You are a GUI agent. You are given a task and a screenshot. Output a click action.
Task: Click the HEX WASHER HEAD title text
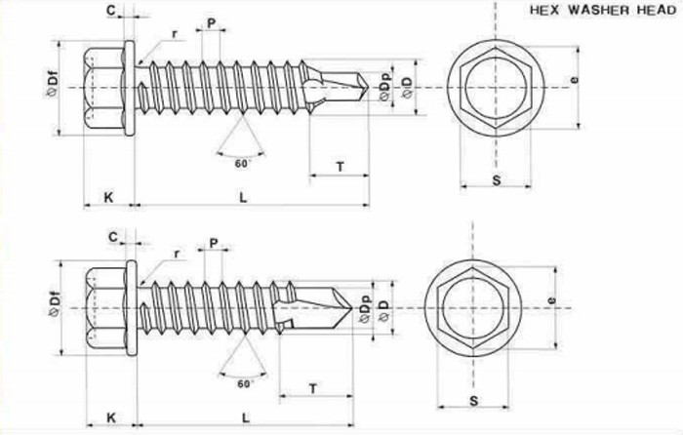(x=603, y=11)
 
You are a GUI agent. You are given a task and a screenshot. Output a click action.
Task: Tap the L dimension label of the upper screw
(x=243, y=197)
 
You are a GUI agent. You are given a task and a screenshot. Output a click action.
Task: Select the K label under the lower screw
(x=111, y=418)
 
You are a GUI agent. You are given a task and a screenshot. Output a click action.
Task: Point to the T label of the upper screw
(x=340, y=167)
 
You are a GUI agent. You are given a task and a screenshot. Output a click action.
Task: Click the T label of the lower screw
(x=313, y=388)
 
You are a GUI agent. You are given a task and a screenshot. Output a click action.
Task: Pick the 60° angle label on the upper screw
(x=243, y=164)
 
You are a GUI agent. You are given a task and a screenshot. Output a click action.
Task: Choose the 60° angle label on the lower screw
(x=246, y=383)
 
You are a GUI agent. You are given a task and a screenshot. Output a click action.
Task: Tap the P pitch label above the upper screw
(x=212, y=23)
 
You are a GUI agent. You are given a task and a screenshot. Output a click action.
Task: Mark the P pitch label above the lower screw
(x=214, y=243)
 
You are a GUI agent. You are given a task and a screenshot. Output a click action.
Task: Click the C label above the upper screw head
(x=111, y=10)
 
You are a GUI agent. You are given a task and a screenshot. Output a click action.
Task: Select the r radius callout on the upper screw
(x=175, y=34)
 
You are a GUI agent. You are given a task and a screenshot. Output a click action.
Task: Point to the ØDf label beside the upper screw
(x=51, y=86)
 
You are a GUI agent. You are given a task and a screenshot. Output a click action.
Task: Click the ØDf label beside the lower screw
(x=54, y=306)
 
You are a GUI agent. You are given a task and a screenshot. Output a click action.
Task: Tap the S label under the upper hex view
(x=496, y=179)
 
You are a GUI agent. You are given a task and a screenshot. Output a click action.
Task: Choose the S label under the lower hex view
(x=474, y=401)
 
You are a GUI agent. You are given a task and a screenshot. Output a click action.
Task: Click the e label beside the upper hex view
(x=575, y=80)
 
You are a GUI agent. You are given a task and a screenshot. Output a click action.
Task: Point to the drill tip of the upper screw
(x=369, y=88)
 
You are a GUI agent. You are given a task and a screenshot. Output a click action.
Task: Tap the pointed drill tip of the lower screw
(x=352, y=308)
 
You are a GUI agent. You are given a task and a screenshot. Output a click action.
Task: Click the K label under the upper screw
(x=108, y=197)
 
